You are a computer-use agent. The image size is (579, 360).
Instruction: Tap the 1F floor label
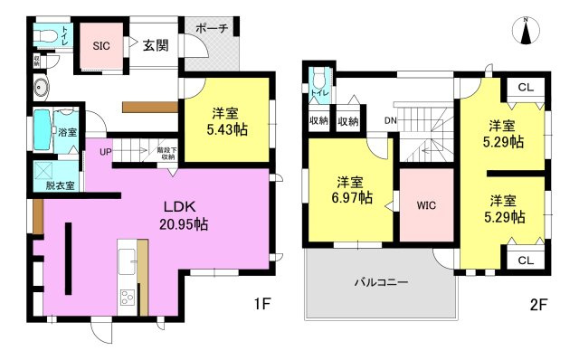261,305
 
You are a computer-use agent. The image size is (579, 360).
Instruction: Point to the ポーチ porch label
212,28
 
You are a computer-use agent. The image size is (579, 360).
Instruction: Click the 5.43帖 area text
226,129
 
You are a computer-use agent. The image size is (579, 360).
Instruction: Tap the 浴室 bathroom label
67,132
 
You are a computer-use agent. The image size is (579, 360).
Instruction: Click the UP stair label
106,152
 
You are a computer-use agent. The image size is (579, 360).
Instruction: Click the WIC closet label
427,205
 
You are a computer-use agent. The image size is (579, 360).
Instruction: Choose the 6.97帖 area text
351,197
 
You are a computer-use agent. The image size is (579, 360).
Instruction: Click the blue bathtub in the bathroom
43,133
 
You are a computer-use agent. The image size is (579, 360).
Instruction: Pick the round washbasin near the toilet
42,88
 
